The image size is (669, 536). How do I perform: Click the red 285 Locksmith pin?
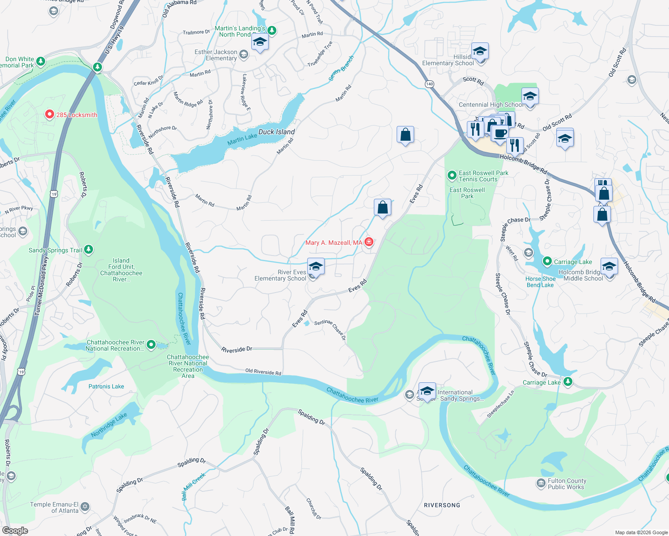(50, 115)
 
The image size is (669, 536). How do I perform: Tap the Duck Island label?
(276, 132)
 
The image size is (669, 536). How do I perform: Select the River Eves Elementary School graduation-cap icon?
(316, 267)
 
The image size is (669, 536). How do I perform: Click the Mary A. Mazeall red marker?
(369, 242)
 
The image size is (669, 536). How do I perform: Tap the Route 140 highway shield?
(429, 84)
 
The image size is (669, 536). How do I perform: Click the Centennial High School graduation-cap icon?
(530, 96)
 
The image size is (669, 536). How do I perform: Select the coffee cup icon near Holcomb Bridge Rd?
(500, 133)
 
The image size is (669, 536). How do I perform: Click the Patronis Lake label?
(106, 386)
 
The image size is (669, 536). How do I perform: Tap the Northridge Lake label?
(109, 425)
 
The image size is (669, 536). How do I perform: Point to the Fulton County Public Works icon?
(541, 483)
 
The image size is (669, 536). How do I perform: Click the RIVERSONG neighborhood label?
(442, 505)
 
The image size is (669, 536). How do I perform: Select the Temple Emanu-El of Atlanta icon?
(85, 507)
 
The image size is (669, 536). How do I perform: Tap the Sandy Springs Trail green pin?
(89, 249)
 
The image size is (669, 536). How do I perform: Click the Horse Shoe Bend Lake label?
(540, 282)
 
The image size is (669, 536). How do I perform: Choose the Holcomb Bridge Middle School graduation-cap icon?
(609, 267)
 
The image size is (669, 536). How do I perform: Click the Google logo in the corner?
(15, 530)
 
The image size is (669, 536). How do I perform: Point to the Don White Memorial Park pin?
(41, 61)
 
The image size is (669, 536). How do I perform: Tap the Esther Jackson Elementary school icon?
(244, 54)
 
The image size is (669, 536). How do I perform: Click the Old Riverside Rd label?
(263, 372)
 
